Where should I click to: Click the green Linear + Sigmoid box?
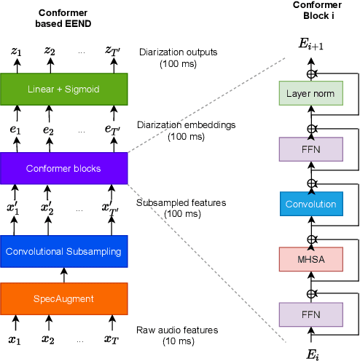(x=63, y=89)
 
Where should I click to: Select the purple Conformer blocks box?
(x=63, y=168)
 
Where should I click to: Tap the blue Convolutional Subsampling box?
(x=63, y=251)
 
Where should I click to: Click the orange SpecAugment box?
(x=63, y=298)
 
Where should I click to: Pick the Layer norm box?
(x=310, y=94)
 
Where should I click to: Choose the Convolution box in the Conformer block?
(x=310, y=205)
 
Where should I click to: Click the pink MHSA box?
(x=310, y=260)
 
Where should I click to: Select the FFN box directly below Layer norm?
(x=310, y=149)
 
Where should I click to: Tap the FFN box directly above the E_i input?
(x=310, y=314)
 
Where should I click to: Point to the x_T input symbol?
(x=113, y=340)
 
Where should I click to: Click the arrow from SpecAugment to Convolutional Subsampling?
(x=63, y=275)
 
